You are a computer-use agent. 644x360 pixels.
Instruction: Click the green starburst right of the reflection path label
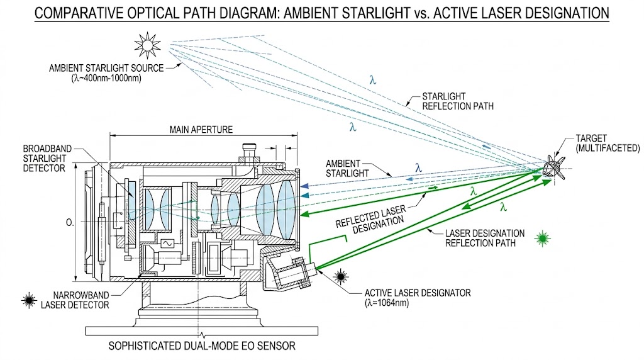[542, 238]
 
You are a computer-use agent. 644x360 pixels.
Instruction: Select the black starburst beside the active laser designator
[342, 275]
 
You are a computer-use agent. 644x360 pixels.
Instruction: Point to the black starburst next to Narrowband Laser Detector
[28, 300]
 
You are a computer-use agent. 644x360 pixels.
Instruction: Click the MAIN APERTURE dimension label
[201, 130]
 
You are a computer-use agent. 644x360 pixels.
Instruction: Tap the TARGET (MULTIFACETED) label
[607, 143]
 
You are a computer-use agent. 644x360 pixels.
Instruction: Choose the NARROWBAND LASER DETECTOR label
[75, 300]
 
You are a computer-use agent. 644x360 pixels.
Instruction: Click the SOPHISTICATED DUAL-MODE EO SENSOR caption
[201, 346]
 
